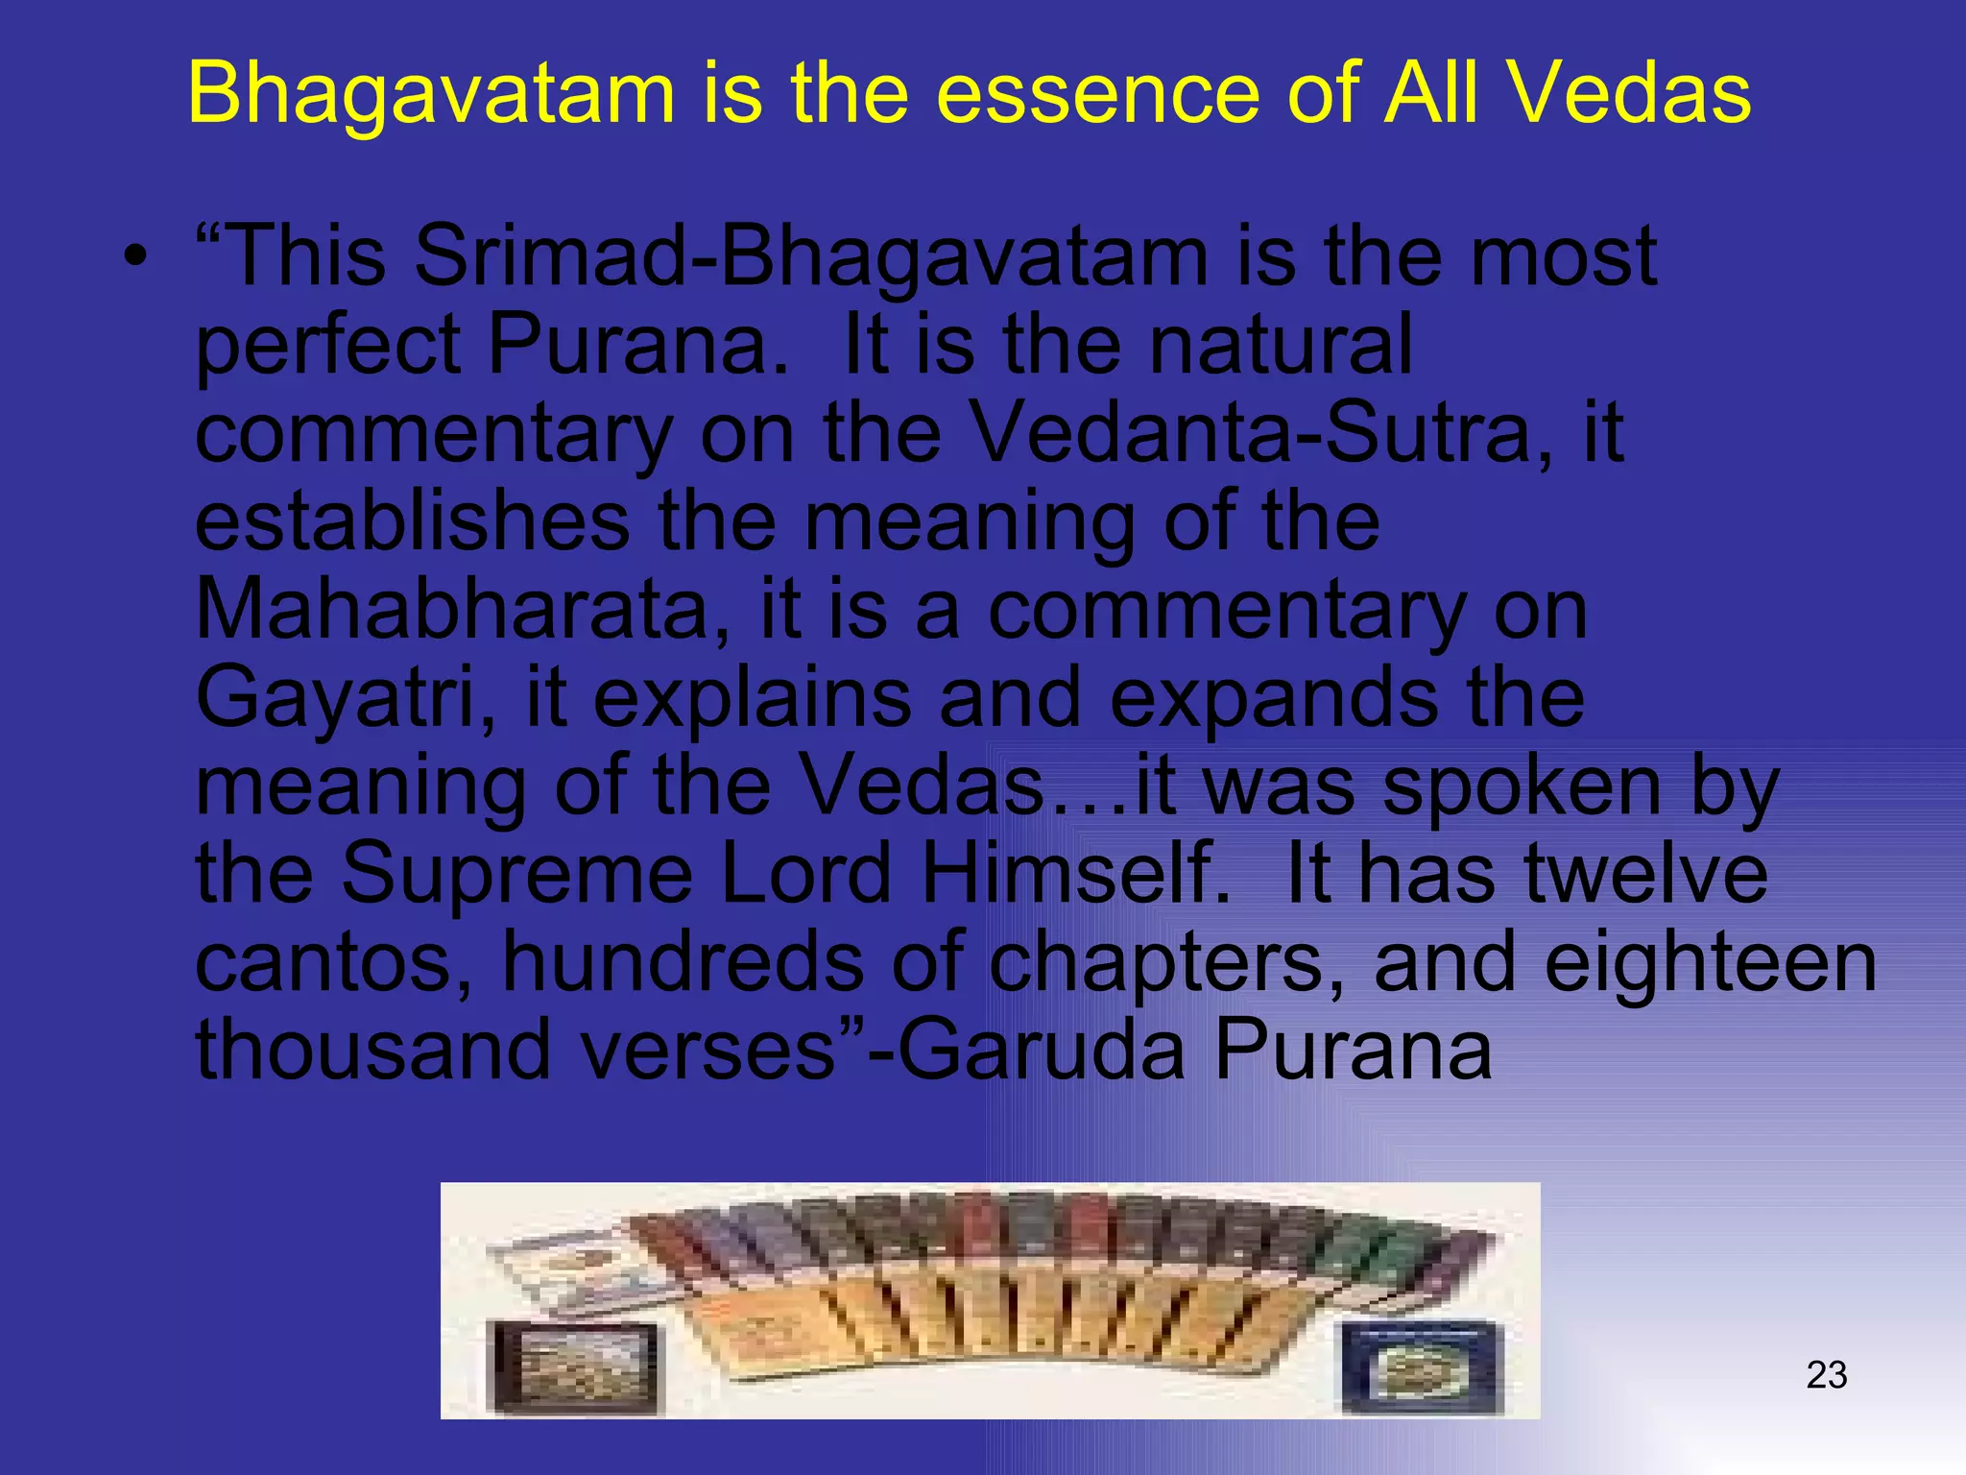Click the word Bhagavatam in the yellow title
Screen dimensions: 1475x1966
[x=432, y=94]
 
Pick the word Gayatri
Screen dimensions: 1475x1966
[x=346, y=698]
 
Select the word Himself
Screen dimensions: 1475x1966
[x=1075, y=874]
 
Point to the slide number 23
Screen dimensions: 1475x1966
[x=1826, y=1375]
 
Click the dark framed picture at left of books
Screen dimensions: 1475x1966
[x=574, y=1366]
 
